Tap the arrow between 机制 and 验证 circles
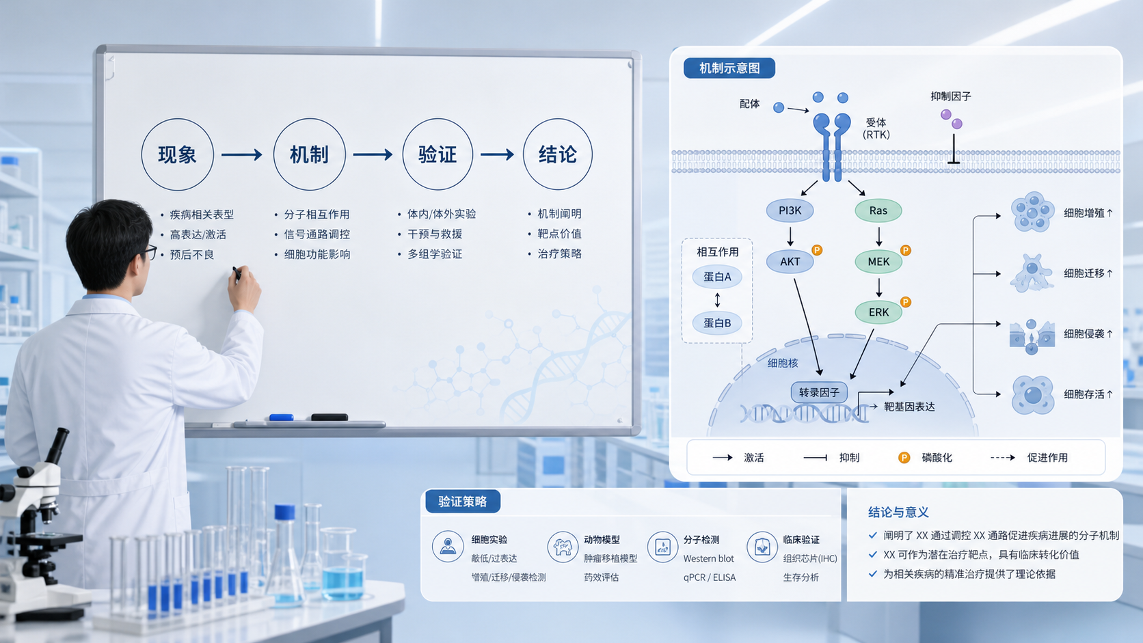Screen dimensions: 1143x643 pyautogui.click(x=373, y=154)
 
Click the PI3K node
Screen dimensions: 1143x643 pyautogui.click(x=790, y=210)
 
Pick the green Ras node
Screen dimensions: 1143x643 pyautogui.click(x=878, y=210)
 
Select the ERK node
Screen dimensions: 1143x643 pyautogui.click(x=878, y=312)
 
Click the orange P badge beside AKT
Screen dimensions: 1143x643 pyautogui.click(x=817, y=250)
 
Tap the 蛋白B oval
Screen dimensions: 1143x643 pyautogui.click(x=717, y=323)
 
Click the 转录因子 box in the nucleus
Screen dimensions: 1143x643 pyautogui.click(x=819, y=392)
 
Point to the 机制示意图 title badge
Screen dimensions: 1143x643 pyautogui.click(x=729, y=68)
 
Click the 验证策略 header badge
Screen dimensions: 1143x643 pyautogui.click(x=463, y=502)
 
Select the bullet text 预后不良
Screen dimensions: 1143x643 pyautogui.click(x=192, y=254)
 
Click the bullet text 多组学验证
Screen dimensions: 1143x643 pyautogui.click(x=435, y=254)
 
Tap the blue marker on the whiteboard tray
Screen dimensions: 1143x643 pyautogui.click(x=281, y=418)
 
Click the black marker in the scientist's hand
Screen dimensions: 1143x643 pyautogui.click(x=237, y=273)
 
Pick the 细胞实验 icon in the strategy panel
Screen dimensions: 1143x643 pyautogui.click(x=448, y=546)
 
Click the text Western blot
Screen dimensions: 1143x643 pyautogui.click(x=708, y=558)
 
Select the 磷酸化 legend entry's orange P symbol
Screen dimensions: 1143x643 pyautogui.click(x=904, y=457)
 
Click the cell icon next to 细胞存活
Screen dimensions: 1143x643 pyautogui.click(x=1033, y=395)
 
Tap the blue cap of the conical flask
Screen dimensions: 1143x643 pyautogui.click(x=285, y=512)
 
